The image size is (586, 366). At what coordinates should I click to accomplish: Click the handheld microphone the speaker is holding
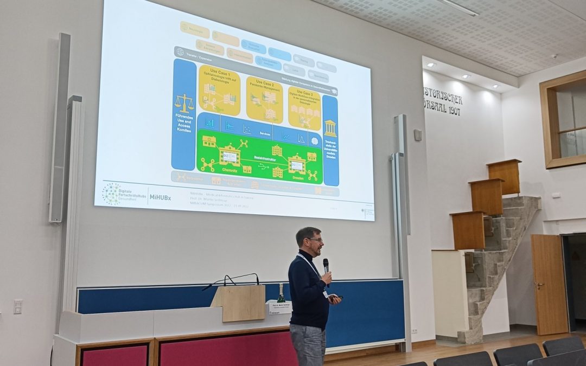coord(326,265)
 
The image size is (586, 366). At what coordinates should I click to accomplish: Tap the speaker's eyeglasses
coord(315,240)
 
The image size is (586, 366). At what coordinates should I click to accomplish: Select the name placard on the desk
coord(281,307)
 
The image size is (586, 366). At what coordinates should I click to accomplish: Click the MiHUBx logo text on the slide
coord(161,197)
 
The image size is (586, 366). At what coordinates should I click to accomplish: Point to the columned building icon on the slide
coord(330,129)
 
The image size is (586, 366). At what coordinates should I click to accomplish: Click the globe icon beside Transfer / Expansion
coord(180,52)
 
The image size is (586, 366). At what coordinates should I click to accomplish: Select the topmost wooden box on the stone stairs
coord(504,176)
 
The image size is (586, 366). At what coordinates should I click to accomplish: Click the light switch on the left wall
coord(18,306)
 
